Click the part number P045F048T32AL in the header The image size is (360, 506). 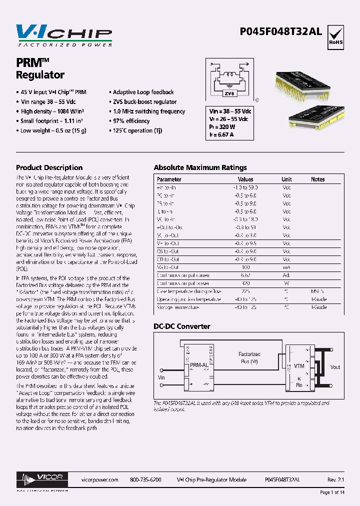tap(288, 31)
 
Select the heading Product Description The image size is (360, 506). tap(49, 167)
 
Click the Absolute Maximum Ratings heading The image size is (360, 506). tap(200, 167)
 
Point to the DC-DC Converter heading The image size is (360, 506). tap(181, 326)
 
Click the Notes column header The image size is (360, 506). tap(317, 179)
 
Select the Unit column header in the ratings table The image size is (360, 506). tap(286, 179)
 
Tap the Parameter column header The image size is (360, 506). tap(169, 179)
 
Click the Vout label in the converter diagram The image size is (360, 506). tap(335, 367)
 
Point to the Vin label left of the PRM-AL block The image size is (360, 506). tap(161, 377)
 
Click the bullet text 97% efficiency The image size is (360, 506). tap(131, 121)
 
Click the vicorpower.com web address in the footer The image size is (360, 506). tap(99, 479)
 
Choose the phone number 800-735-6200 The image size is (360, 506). tap(145, 479)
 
